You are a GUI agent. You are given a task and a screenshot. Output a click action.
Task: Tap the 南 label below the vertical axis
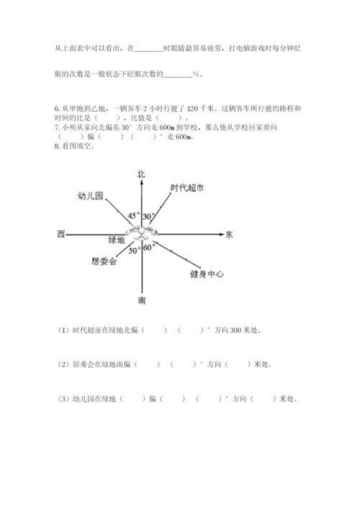click(x=142, y=299)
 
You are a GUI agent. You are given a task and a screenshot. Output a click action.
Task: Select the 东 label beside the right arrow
click(x=229, y=234)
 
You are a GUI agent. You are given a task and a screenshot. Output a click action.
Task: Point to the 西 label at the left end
click(x=60, y=234)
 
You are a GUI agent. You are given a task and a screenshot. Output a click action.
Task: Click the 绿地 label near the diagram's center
click(x=117, y=240)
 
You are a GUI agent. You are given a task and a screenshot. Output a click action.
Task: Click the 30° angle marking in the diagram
click(x=148, y=216)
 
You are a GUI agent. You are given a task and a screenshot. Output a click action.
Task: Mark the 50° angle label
click(x=135, y=251)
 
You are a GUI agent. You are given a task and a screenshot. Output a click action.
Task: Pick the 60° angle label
click(x=149, y=248)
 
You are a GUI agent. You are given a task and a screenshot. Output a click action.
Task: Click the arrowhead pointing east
click(x=217, y=233)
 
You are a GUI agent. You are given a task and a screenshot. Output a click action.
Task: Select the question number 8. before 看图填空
click(x=57, y=146)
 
